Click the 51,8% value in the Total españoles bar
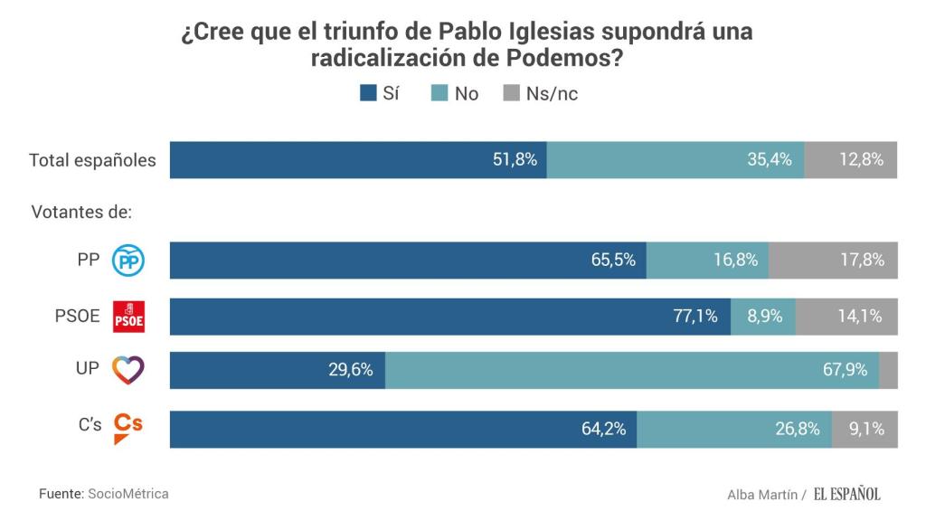click(x=515, y=160)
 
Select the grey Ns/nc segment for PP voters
click(x=833, y=260)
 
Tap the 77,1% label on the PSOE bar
click(x=694, y=317)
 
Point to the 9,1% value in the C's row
click(x=866, y=429)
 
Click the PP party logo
click(x=128, y=261)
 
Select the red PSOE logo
click(x=128, y=317)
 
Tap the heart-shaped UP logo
click(x=128, y=370)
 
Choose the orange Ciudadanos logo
click(x=128, y=428)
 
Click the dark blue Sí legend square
click(x=368, y=93)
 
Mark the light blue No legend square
click(x=438, y=93)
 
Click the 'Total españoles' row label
click(x=92, y=161)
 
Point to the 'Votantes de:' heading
click(x=81, y=213)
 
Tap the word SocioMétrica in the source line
click(x=128, y=494)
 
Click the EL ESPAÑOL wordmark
click(x=846, y=494)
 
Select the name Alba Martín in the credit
click(x=762, y=495)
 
